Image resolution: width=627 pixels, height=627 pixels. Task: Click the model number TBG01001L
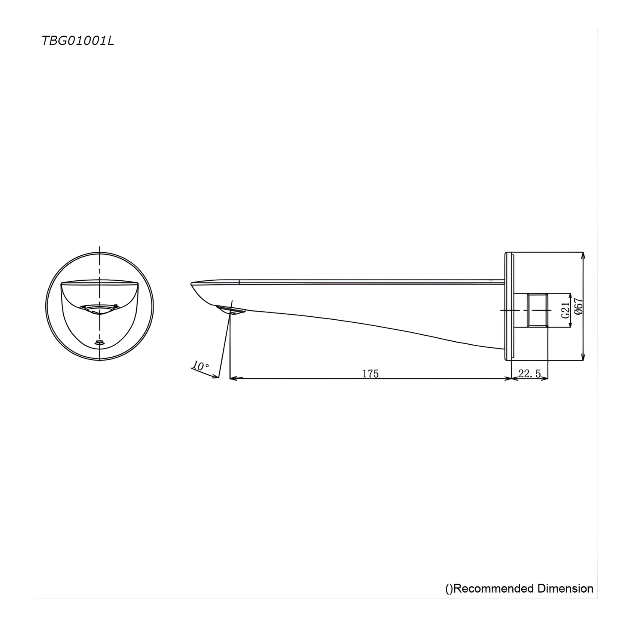(x=78, y=41)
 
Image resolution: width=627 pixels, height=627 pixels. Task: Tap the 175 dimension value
(x=370, y=374)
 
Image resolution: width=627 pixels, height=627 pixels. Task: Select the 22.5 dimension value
(x=529, y=374)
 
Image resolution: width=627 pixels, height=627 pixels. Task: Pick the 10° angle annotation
(x=201, y=366)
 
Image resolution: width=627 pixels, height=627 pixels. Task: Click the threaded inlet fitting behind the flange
(x=538, y=310)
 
